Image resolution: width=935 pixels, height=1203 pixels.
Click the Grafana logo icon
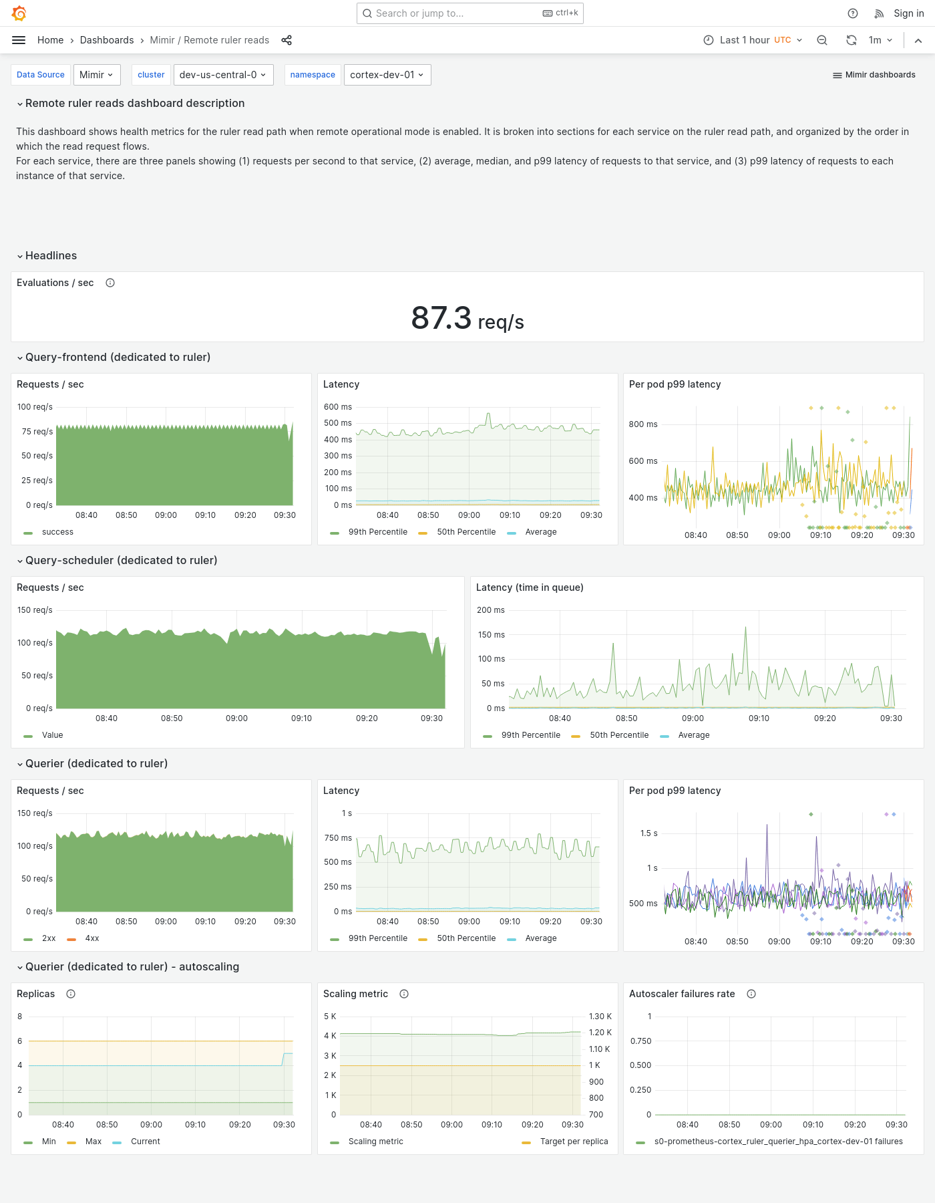(x=19, y=13)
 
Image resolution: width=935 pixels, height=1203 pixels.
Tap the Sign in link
(x=908, y=13)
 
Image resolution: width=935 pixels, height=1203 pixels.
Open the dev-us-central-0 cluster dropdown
(x=222, y=75)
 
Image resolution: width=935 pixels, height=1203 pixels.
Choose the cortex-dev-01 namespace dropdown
(x=387, y=75)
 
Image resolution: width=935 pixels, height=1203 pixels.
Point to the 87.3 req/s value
(x=467, y=318)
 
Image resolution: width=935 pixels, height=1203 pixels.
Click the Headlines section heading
(x=51, y=255)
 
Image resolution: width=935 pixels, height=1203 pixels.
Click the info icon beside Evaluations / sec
(x=110, y=283)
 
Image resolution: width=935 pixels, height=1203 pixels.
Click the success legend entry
(x=57, y=532)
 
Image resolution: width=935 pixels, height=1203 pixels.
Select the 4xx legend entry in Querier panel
(x=91, y=938)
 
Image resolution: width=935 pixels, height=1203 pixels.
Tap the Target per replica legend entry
(x=573, y=1142)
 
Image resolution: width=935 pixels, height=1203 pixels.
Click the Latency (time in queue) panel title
(x=530, y=587)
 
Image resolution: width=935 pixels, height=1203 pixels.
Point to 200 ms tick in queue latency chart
(x=491, y=610)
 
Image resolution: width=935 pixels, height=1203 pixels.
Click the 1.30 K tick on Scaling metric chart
(x=600, y=1017)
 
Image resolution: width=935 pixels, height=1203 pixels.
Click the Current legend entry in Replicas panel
(x=145, y=1142)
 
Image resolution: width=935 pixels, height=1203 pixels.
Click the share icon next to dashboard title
(x=287, y=40)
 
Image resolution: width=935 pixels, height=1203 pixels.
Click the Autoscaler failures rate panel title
(x=681, y=994)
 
